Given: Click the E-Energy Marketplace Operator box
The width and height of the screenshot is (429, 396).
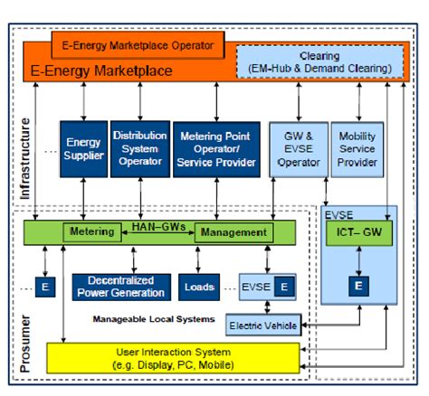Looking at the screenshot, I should pyautogui.click(x=132, y=43).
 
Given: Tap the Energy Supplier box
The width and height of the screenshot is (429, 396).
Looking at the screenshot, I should pyautogui.click(x=84, y=149).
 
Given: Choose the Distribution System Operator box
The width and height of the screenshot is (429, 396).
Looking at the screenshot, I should pyautogui.click(x=139, y=149).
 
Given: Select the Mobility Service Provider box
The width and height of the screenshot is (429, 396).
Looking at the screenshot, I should pyautogui.click(x=356, y=149).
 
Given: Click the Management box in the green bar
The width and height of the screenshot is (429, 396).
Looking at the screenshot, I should pyautogui.click(x=233, y=232).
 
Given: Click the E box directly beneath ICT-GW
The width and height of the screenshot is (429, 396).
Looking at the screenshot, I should pyautogui.click(x=358, y=287).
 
